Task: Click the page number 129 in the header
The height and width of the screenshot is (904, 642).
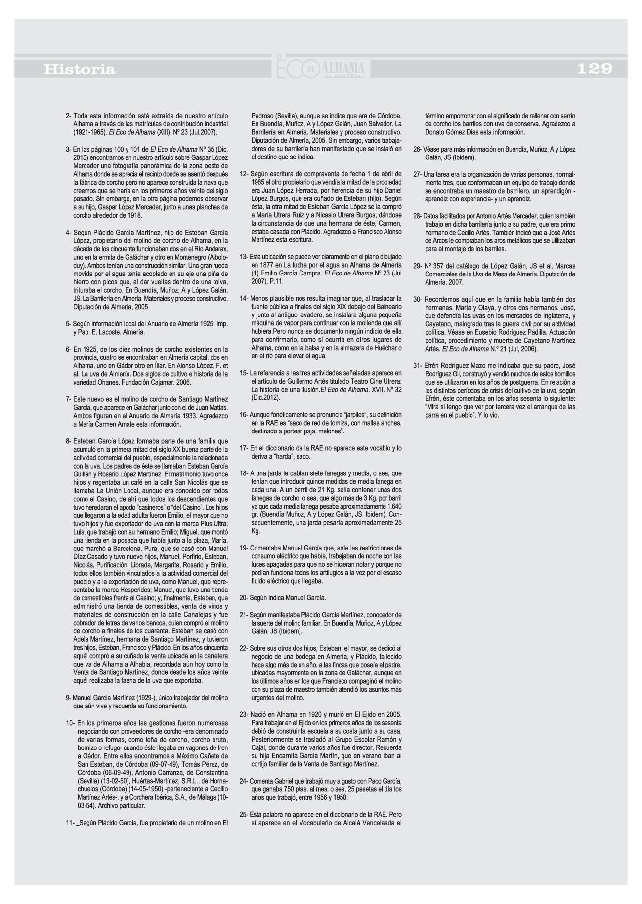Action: (595, 69)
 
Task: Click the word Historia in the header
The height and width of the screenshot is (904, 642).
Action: (80, 70)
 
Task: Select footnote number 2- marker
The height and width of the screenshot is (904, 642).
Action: (69, 116)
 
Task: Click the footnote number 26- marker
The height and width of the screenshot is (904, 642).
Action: (417, 149)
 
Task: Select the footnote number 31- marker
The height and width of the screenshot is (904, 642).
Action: (417, 365)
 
